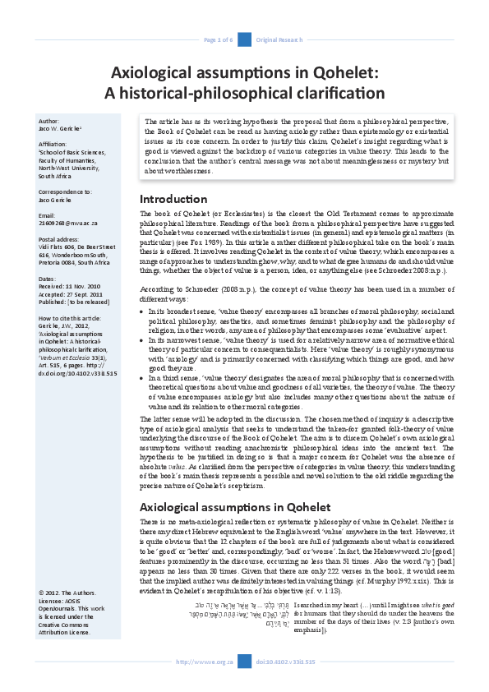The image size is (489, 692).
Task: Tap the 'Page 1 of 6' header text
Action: pyautogui.click(x=219, y=39)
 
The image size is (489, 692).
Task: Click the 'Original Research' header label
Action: pyautogui.click(x=277, y=39)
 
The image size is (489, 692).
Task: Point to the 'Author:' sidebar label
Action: pyautogui.click(x=49, y=120)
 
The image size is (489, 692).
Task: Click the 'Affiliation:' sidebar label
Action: pyautogui.click(x=55, y=144)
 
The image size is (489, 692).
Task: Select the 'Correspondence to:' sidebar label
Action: pyautogui.click(x=66, y=191)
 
